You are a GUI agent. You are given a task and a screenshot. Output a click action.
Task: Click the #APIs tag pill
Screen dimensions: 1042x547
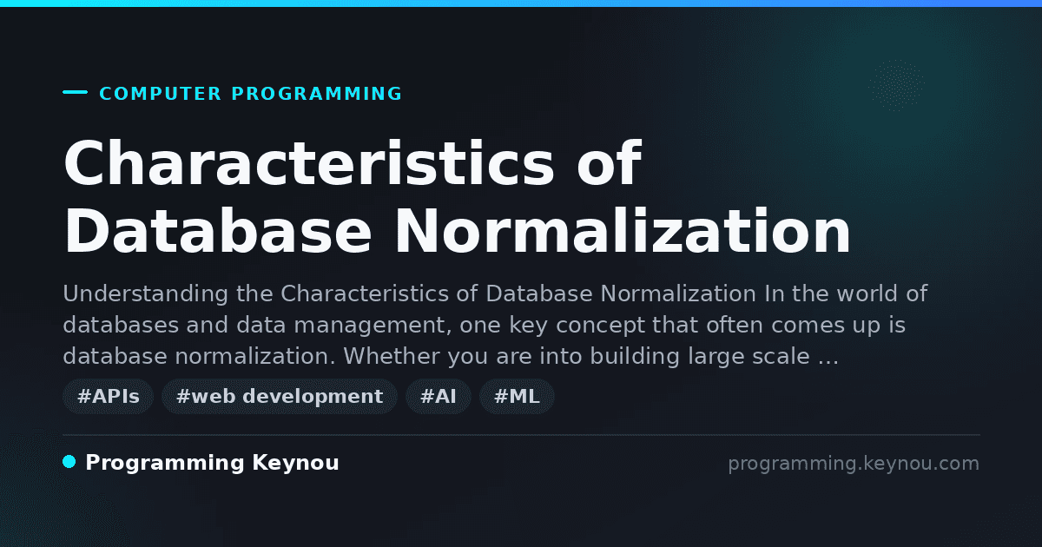108,396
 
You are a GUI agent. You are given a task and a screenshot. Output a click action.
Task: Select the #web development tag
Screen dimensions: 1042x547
280,396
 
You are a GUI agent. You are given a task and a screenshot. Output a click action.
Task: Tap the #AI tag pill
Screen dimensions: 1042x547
439,396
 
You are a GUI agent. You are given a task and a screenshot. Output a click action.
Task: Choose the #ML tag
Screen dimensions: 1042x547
517,396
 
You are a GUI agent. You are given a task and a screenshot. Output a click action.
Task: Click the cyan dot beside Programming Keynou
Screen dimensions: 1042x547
69,462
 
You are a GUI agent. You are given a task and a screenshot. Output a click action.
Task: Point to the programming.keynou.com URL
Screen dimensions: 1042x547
854,464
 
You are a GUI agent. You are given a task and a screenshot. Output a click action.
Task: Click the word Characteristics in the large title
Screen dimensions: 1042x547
309,163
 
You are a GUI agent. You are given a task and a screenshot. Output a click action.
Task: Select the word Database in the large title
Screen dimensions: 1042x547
218,231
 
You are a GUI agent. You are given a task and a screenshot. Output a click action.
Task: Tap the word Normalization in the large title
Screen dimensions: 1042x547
623,231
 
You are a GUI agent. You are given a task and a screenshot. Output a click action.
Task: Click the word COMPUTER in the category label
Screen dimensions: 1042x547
161,94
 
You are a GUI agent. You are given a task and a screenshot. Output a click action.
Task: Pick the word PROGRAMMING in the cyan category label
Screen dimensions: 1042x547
317,94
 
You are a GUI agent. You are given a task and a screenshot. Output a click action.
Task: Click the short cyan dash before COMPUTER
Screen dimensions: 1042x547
75,92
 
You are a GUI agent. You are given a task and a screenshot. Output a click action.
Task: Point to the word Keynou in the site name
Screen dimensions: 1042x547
295,464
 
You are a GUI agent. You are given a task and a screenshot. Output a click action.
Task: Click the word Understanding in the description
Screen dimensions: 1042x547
146,294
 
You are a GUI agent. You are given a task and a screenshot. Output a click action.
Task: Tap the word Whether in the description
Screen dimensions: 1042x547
392,356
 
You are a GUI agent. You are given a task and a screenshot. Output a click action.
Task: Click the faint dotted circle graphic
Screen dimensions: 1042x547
896,85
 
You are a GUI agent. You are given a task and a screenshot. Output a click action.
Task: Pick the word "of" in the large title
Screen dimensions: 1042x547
610,163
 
